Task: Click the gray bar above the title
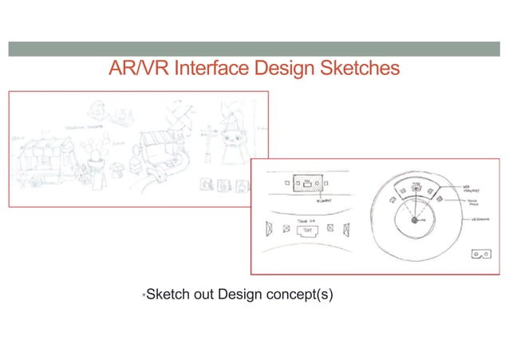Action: pos(254,49)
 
